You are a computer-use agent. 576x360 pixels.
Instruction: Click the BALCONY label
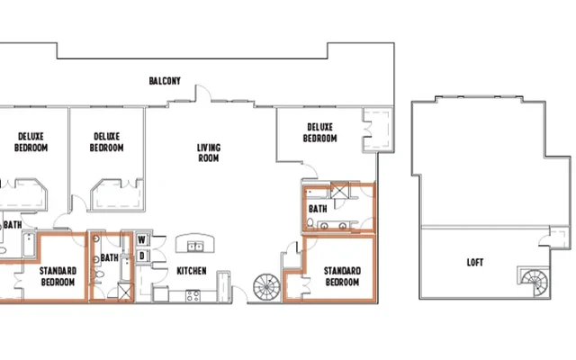165,81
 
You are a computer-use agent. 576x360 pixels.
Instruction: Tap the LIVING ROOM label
209,153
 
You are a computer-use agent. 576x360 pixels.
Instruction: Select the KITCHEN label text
192,271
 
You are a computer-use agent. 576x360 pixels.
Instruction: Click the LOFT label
474,263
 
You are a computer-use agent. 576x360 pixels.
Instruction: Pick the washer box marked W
141,240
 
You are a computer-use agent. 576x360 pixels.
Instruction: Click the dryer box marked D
141,256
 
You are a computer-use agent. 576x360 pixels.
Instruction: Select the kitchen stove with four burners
192,295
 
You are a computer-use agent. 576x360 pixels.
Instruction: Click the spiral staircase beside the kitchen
266,288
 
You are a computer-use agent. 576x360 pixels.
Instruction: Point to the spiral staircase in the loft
531,281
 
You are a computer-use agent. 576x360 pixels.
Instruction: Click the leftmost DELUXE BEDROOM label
31,142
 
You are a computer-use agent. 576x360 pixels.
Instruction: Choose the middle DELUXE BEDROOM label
106,142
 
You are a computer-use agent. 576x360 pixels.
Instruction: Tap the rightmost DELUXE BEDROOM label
320,133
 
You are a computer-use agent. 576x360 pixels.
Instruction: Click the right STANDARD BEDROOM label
342,276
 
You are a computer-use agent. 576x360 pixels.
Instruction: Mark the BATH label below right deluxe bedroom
318,209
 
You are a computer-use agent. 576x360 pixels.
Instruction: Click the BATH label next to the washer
109,257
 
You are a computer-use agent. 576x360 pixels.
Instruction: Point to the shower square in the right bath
342,190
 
